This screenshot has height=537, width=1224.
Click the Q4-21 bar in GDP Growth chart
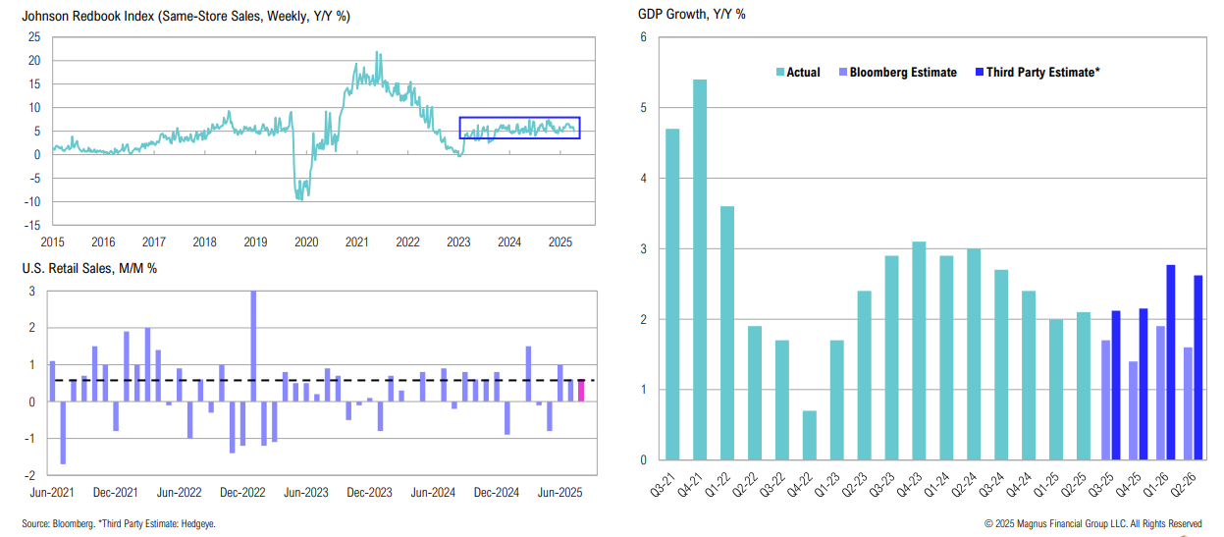[x=700, y=270]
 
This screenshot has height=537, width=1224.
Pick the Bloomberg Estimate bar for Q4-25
[x=1133, y=410]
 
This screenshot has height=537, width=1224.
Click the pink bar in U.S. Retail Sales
[x=581, y=391]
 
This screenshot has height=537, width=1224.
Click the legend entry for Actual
[x=798, y=72]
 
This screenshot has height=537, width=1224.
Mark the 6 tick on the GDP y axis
[x=643, y=37]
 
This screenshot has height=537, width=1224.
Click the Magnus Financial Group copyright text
[x=1092, y=524]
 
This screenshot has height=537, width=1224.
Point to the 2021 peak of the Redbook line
[x=377, y=54]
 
